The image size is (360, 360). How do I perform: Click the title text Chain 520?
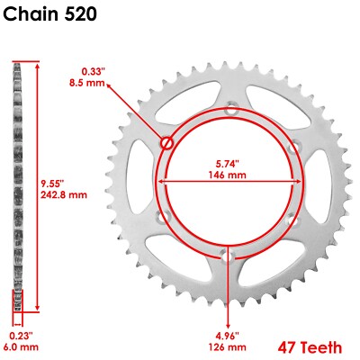click(50, 15)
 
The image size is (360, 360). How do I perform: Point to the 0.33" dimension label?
click(93, 70)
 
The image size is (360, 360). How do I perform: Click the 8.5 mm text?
click(93, 83)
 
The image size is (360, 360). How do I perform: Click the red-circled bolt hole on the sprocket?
click(166, 142)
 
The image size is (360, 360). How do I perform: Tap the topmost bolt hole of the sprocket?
click(230, 112)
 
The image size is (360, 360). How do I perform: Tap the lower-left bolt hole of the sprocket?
click(165, 216)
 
